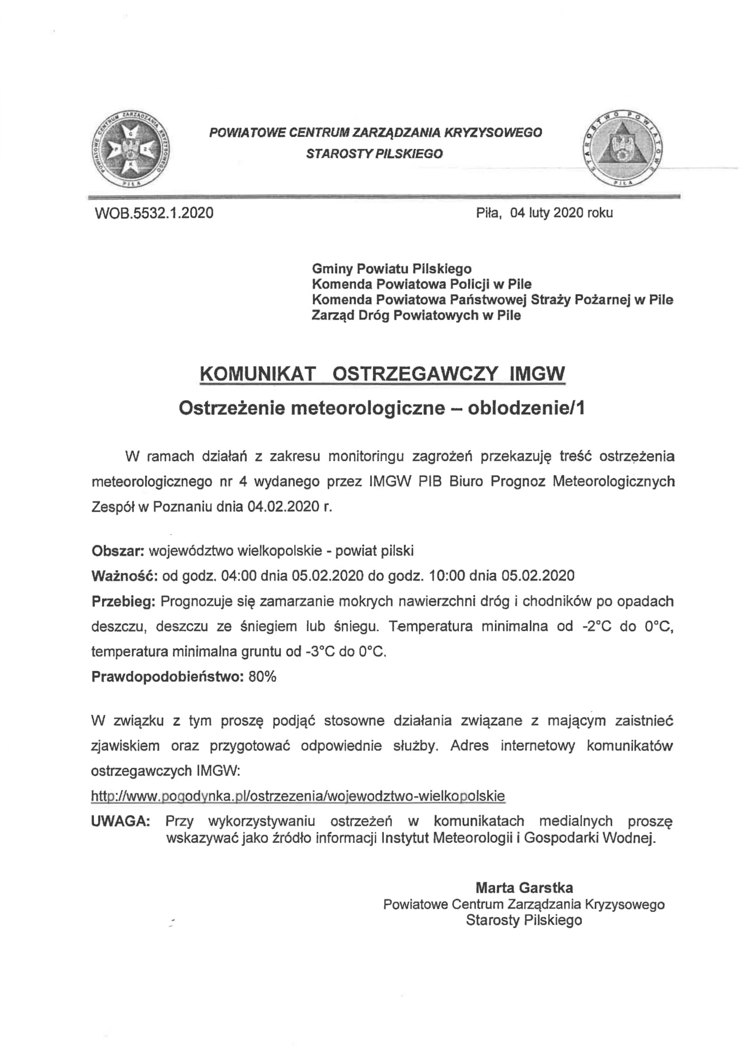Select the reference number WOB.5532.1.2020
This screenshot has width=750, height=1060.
(x=154, y=213)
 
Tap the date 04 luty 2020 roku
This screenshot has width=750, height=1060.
(x=561, y=212)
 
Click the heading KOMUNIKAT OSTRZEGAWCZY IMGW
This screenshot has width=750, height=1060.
(x=382, y=373)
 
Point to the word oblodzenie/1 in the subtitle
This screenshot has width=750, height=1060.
(x=526, y=408)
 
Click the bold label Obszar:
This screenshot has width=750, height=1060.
(x=118, y=551)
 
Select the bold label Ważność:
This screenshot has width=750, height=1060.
(x=125, y=576)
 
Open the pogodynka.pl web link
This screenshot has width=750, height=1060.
(x=298, y=796)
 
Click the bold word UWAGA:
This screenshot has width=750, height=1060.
(x=121, y=821)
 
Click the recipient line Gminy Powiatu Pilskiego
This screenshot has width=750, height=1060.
(x=392, y=269)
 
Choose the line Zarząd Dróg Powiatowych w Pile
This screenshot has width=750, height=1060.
(x=416, y=315)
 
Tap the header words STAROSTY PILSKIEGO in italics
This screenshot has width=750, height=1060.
(x=374, y=154)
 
